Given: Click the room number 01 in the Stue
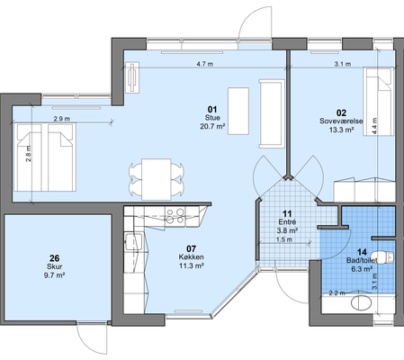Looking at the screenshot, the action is tap(212, 110).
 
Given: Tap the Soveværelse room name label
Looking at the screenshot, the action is tap(341, 121).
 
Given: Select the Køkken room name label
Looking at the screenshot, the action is tap(191, 257).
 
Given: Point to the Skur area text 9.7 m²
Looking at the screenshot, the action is tap(54, 275).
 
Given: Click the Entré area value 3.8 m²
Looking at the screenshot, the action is tap(287, 230).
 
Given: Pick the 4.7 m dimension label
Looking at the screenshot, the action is tap(205, 64).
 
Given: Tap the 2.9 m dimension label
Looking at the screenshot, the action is tap(62, 119).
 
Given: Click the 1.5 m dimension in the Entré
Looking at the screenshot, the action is tap(284, 239).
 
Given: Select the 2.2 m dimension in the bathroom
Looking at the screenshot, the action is tap(337, 293).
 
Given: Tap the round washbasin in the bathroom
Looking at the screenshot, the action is tap(362, 303).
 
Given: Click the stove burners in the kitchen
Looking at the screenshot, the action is tap(175, 216).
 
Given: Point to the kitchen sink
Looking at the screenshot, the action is tap(133, 242).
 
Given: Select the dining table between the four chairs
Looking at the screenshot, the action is tap(157, 179).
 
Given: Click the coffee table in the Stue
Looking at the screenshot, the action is tap(238, 111).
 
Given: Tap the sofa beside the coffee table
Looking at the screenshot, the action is tap(272, 113).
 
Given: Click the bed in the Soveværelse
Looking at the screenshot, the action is tap(378, 102).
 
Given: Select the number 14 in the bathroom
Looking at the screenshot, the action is tap(362, 252).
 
